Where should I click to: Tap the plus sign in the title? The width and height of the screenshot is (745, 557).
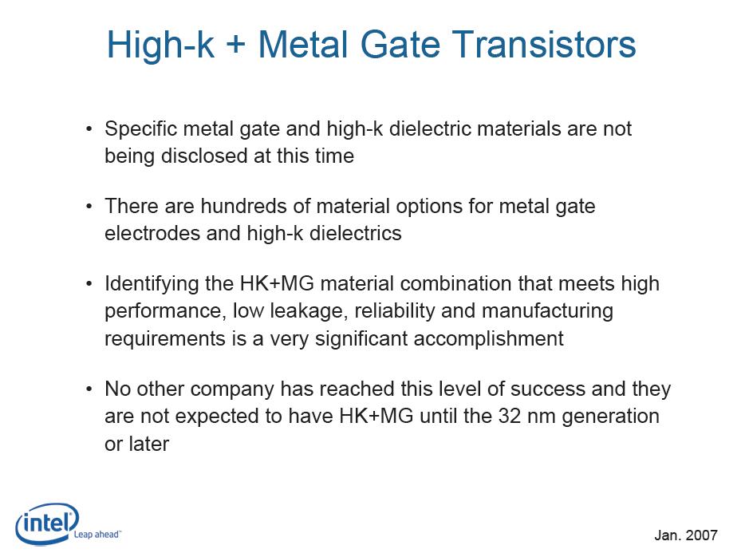[x=236, y=45]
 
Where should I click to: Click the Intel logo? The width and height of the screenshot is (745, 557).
[x=48, y=523]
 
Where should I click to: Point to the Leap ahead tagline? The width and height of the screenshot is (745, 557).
[x=97, y=534]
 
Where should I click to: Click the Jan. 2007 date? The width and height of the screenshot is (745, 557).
[x=686, y=535]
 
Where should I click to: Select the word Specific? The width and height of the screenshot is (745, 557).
[x=140, y=128]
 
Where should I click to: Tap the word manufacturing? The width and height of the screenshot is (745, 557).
[x=547, y=311]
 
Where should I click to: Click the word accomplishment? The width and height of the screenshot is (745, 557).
[x=488, y=339]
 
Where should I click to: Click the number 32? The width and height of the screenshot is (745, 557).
[x=510, y=417]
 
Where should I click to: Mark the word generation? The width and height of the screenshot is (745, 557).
[x=610, y=417]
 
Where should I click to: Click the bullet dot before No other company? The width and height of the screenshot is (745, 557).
[x=89, y=389]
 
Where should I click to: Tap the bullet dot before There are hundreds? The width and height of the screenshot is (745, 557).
[x=89, y=206]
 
